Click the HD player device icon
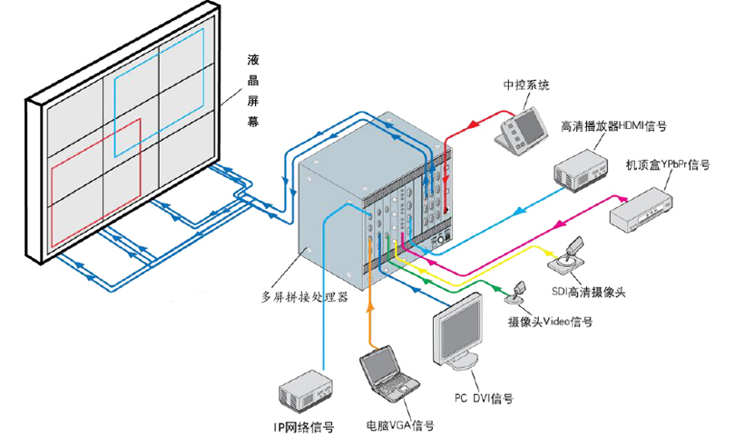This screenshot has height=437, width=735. coord(580,169)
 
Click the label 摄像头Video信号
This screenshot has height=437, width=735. coord(550,322)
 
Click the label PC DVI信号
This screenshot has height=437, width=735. coord(484,398)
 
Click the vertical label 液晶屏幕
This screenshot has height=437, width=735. coord(254,92)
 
